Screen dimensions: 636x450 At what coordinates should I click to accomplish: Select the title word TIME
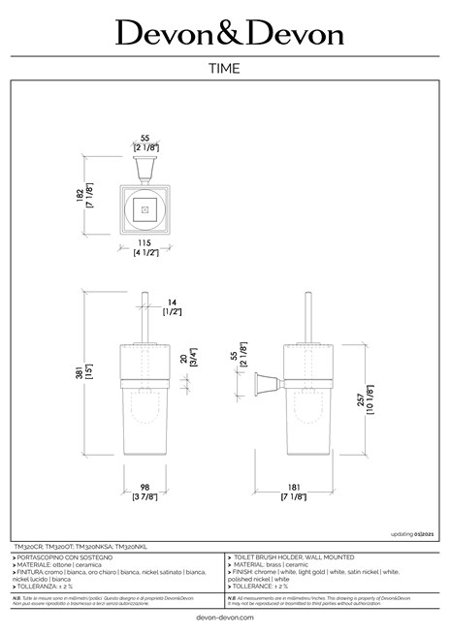pos(225,69)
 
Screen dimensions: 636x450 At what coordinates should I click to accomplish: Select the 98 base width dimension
pos(145,488)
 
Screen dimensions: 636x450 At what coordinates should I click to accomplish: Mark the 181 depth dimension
pos(293,488)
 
